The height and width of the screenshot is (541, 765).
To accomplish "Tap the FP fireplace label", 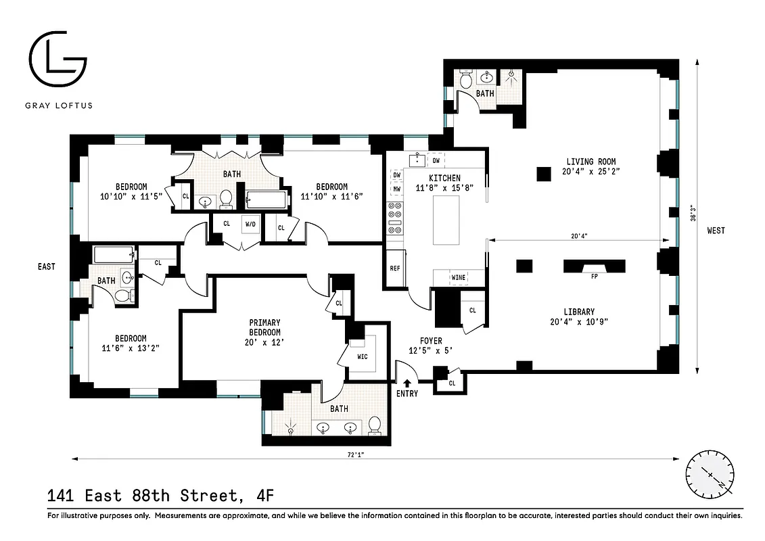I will coord(586,276).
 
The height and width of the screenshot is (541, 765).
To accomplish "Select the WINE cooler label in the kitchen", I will coord(459,277).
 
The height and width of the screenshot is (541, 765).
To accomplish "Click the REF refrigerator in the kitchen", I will coord(394,268).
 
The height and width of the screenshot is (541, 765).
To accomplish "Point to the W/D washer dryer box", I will coord(250,223).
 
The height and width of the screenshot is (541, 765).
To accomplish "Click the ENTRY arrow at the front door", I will coord(407,383).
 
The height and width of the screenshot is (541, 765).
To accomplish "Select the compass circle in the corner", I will coord(710,474).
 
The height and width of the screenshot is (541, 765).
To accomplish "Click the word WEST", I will coord(715,231).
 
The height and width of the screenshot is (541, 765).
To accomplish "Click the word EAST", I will coord(46,267).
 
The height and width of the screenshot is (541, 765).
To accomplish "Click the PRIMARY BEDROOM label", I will coord(264,327).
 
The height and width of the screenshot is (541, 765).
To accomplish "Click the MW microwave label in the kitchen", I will coord(397,190).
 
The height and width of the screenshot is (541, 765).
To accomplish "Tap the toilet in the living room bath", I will coord(465,80).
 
